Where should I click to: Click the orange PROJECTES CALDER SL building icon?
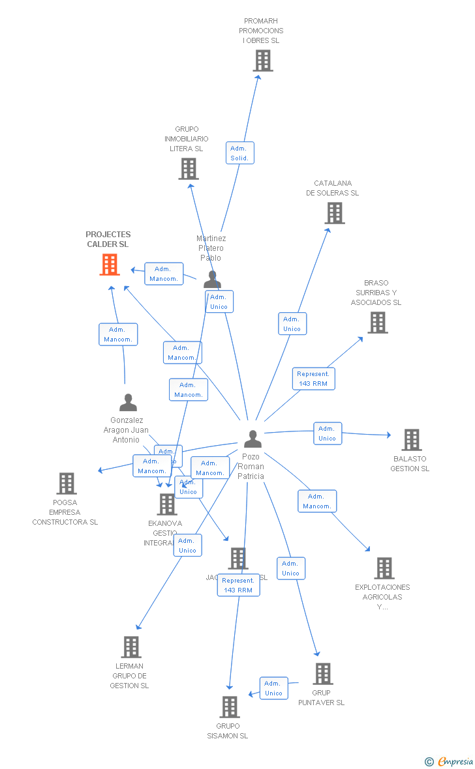click(x=110, y=265)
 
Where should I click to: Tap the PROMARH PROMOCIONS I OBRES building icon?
click(x=262, y=61)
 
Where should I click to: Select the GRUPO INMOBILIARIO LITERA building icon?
click(x=188, y=169)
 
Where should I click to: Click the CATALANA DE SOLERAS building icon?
click(x=334, y=213)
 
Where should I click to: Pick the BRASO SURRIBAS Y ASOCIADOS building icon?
click(x=377, y=323)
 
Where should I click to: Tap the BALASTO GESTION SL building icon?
click(x=411, y=440)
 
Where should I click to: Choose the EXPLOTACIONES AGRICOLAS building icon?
click(x=384, y=568)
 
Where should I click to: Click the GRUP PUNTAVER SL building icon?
click(x=322, y=674)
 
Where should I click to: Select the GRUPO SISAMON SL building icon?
click(x=229, y=707)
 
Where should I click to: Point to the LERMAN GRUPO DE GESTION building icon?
click(x=131, y=647)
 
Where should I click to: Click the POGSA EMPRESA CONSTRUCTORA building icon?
click(x=66, y=484)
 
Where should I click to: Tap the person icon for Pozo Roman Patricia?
click(x=253, y=439)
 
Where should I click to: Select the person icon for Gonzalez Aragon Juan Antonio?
click(x=128, y=403)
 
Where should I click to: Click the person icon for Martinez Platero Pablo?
click(x=211, y=279)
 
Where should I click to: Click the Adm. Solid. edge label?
click(x=240, y=153)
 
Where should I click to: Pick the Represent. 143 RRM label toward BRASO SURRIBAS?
click(x=313, y=379)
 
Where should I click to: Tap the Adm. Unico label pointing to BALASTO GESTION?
click(x=327, y=433)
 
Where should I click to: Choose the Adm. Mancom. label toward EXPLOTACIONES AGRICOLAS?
click(x=317, y=501)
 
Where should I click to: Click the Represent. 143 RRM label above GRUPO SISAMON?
click(x=238, y=585)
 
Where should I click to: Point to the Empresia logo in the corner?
click(x=450, y=761)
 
